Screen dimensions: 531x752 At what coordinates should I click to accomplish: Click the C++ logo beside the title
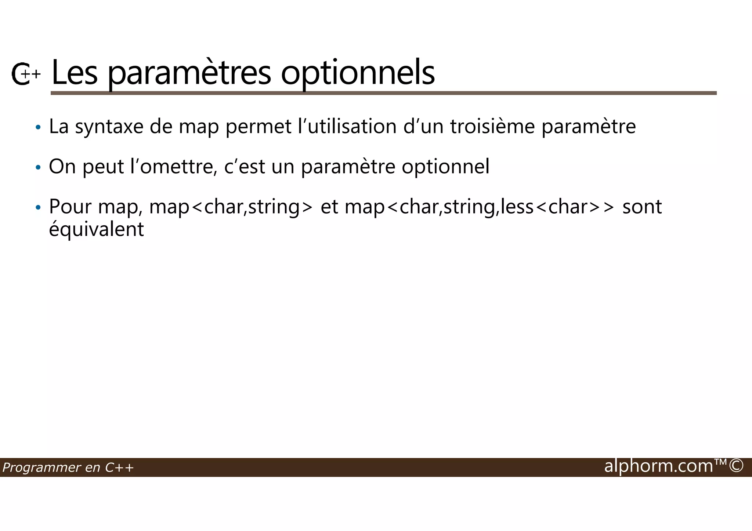(x=25, y=74)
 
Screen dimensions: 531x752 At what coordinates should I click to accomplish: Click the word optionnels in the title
(x=358, y=73)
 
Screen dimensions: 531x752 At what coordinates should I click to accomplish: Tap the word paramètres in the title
(x=189, y=73)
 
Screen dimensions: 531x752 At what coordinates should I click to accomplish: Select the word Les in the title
(x=75, y=73)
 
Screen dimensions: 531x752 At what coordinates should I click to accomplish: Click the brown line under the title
(x=383, y=93)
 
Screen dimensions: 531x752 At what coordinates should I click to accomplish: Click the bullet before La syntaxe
(x=38, y=128)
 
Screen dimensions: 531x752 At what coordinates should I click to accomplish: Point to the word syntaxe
(x=109, y=127)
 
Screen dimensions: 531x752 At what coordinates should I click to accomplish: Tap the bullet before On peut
(x=38, y=168)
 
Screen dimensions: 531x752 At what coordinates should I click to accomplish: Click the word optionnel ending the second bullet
(x=445, y=167)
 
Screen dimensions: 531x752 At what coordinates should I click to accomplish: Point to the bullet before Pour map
(x=38, y=208)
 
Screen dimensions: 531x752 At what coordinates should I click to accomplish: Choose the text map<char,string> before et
(x=231, y=207)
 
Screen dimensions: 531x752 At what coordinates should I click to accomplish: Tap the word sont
(x=642, y=207)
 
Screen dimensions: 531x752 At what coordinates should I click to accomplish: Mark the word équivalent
(x=97, y=230)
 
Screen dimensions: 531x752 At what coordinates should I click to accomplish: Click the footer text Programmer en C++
(x=68, y=468)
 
